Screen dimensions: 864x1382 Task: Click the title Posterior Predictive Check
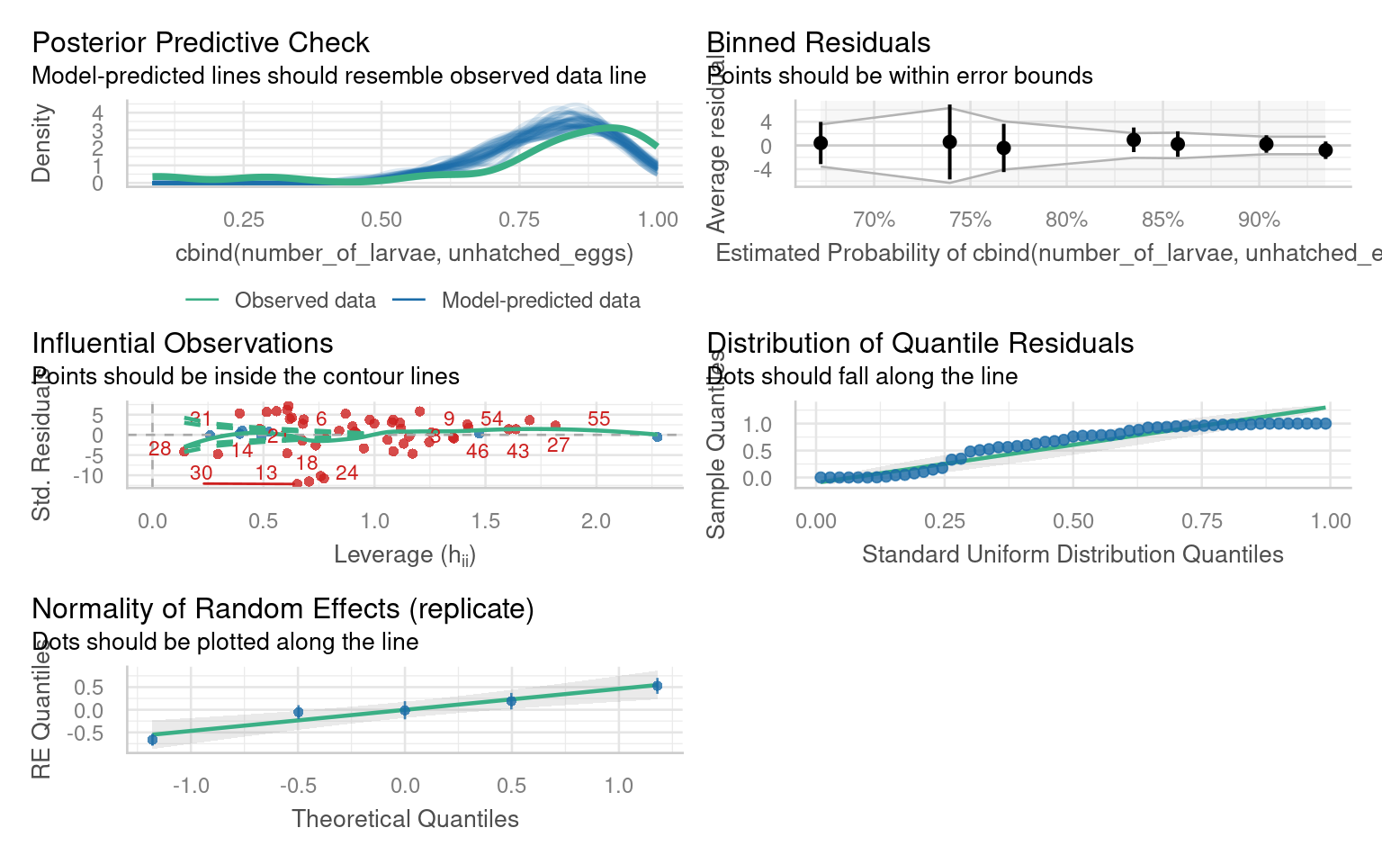pyautogui.click(x=201, y=42)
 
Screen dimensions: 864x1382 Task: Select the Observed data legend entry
pyautogui.click(x=304, y=301)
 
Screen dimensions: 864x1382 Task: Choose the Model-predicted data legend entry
pyautogui.click(x=540, y=301)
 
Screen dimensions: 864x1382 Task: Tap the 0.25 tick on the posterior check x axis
pyautogui.click(x=244, y=220)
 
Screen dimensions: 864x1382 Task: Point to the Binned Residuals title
pyautogui.click(x=819, y=42)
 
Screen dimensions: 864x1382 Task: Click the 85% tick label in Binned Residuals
pyautogui.click(x=1162, y=220)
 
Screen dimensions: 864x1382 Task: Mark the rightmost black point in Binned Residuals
pyautogui.click(x=1325, y=150)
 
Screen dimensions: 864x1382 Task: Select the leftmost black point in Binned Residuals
pyautogui.click(x=821, y=143)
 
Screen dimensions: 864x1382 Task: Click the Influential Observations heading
pyautogui.click(x=183, y=343)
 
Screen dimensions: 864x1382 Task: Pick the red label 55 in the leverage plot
pyautogui.click(x=598, y=418)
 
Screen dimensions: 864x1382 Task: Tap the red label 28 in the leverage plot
pyautogui.click(x=160, y=448)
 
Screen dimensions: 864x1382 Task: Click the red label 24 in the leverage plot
pyautogui.click(x=346, y=472)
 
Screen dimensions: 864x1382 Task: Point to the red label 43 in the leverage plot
pyautogui.click(x=517, y=451)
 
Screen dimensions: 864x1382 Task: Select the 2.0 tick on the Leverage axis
pyautogui.click(x=596, y=521)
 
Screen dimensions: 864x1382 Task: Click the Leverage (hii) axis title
pyautogui.click(x=405, y=554)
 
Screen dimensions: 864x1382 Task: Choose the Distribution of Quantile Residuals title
pyautogui.click(x=920, y=343)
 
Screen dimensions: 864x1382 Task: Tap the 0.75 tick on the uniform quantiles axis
pyautogui.click(x=1202, y=521)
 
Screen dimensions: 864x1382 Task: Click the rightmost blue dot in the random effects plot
pyautogui.click(x=658, y=686)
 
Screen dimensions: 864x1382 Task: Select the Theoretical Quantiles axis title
pyautogui.click(x=405, y=819)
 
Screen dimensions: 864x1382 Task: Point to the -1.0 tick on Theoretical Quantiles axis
pyautogui.click(x=191, y=786)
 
